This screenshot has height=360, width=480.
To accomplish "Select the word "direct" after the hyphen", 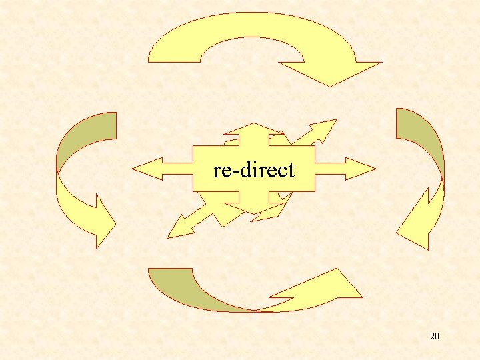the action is click(265, 170).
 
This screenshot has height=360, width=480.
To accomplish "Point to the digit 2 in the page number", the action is click(433, 336).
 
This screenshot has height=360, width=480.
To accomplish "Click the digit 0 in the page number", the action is click(437, 336).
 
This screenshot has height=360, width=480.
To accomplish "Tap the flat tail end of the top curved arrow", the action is click(174, 54).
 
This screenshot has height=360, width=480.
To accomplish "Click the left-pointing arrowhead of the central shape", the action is click(147, 169).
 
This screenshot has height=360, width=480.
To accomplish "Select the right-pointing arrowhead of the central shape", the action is click(360, 169).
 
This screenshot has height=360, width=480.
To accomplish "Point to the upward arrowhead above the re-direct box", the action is click(253, 129).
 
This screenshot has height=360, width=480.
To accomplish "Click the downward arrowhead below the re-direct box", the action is click(253, 209).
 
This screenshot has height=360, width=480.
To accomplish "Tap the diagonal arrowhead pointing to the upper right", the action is click(325, 129).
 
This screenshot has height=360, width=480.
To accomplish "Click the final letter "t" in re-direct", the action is click(290, 171).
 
